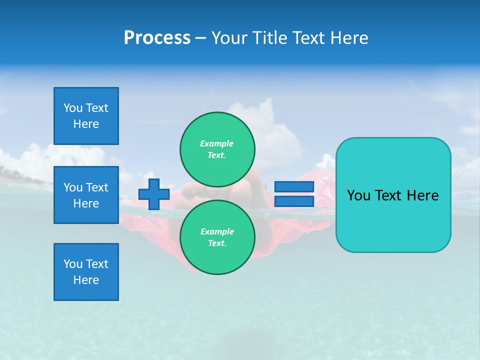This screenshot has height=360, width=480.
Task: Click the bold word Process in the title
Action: [x=157, y=38]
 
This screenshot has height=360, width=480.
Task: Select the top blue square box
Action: [x=86, y=116]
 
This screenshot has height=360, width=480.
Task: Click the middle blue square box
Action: [x=86, y=195]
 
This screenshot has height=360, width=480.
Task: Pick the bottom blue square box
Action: [x=86, y=272]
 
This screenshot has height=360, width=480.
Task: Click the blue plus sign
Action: [x=154, y=194]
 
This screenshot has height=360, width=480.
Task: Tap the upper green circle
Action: [x=217, y=149]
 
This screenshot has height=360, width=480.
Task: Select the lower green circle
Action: [x=217, y=237]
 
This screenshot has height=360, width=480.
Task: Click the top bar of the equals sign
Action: [x=294, y=187]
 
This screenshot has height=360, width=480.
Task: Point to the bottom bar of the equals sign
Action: [x=294, y=201]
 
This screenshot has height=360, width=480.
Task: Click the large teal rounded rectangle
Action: [x=393, y=220]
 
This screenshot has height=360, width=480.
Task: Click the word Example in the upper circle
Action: [x=216, y=143]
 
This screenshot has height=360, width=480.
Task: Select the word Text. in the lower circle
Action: [x=217, y=243]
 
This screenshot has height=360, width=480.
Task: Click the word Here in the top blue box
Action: [x=86, y=124]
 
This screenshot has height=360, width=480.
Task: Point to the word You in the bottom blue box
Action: [x=73, y=264]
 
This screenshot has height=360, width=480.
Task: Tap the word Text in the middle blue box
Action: [x=96, y=187]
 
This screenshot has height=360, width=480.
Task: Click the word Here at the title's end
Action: [x=349, y=38]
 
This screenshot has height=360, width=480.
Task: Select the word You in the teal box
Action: [x=358, y=195]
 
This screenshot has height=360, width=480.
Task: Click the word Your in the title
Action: [x=229, y=38]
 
